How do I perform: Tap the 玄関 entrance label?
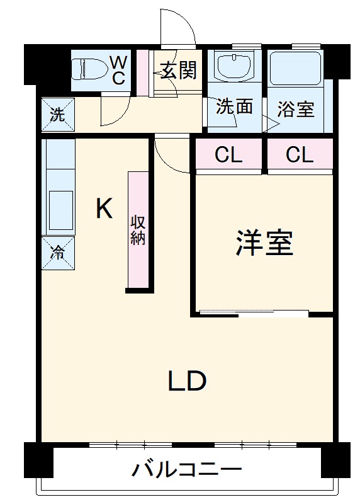[x=177, y=71]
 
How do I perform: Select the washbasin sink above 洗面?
[x=233, y=66]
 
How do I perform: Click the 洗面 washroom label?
[x=234, y=106]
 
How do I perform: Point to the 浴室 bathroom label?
[x=296, y=108]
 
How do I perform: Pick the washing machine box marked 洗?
[x=57, y=115]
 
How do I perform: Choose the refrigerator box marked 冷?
[x=57, y=253]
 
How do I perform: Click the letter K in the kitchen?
[x=104, y=208]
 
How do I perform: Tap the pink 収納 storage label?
[x=138, y=230]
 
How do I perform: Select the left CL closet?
[x=228, y=154]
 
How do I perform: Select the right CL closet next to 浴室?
[x=299, y=154]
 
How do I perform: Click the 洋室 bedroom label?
[x=264, y=244]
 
